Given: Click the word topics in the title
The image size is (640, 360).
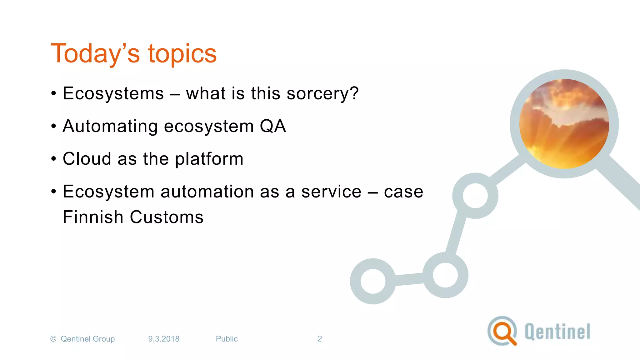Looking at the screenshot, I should tap(182, 54).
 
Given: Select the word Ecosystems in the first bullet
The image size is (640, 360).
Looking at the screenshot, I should tap(113, 93).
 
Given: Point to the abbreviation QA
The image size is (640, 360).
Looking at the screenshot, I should tap(273, 126).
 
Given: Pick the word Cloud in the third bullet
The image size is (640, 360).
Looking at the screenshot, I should tap(87, 159).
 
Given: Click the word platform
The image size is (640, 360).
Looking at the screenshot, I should tap(209, 159).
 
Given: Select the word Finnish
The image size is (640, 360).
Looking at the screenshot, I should tap(93, 217).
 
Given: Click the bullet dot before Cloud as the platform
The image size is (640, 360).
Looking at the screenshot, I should tap(54, 159).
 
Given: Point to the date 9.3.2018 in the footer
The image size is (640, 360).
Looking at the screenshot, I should tap(164, 339).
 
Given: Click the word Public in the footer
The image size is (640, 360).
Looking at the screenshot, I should tap(227, 339).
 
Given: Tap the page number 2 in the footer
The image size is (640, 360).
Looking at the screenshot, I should tap(320, 339).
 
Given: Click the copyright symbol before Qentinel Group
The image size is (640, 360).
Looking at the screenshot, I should tap(53, 339).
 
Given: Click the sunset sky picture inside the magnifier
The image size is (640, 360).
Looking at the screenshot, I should tap(564, 124).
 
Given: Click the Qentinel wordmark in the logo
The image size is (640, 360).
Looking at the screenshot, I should tap(557, 332).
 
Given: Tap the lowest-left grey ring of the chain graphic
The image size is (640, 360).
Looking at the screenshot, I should tap(373, 281).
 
